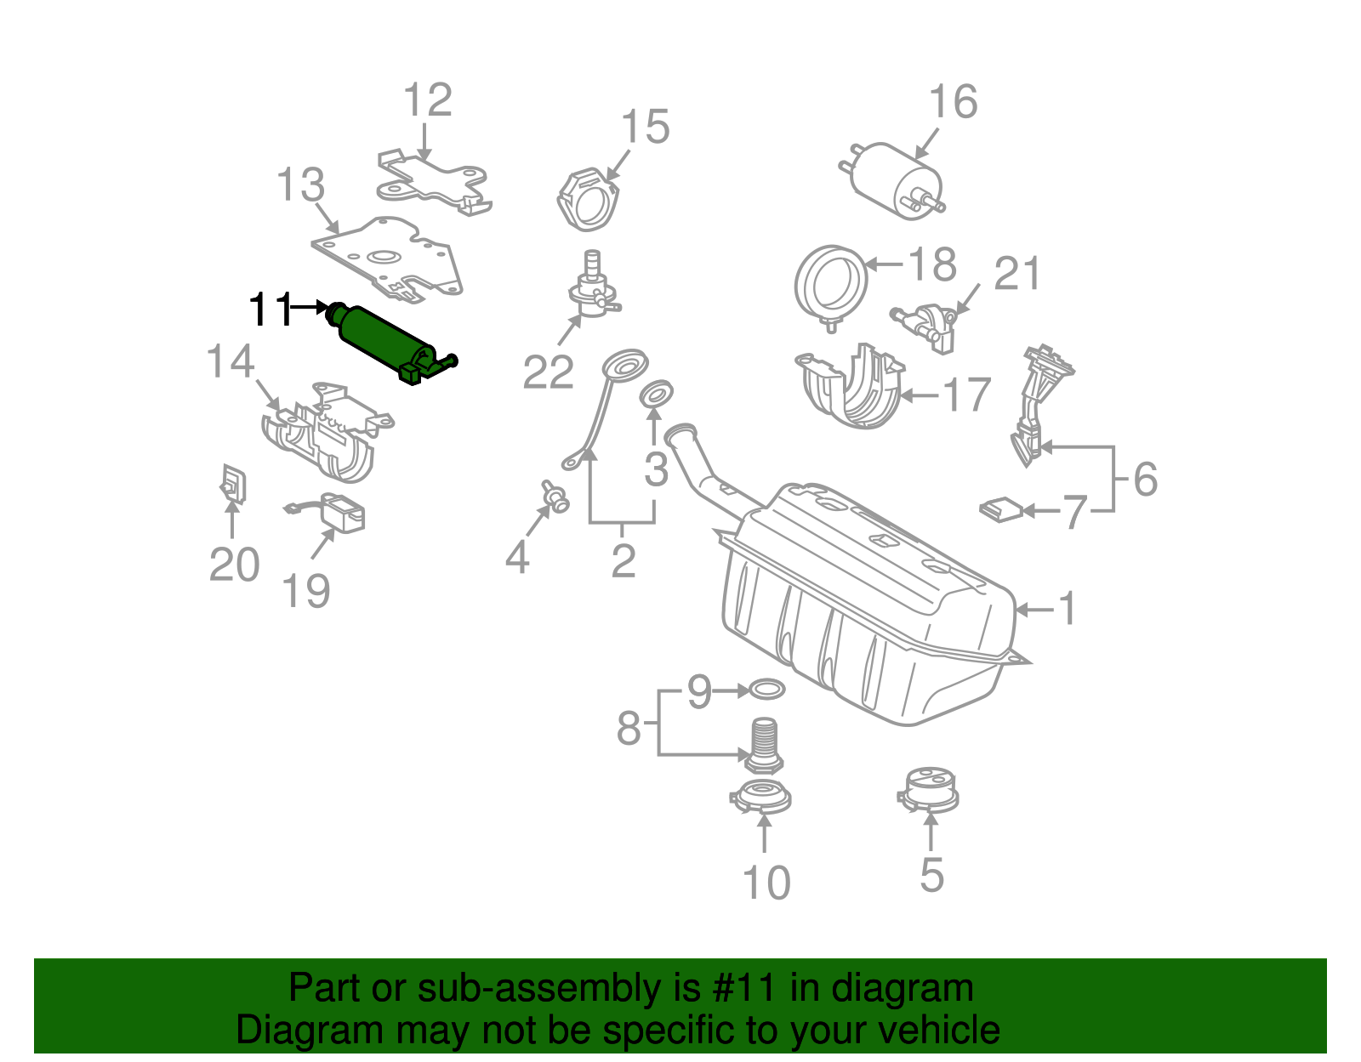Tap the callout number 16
pyautogui.click(x=953, y=103)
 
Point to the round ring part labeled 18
pyautogui.click(x=830, y=281)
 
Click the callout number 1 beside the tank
pyautogui.click(x=1067, y=609)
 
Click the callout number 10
pyautogui.click(x=766, y=883)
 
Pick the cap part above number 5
pyautogui.click(x=928, y=791)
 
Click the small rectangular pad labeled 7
pyautogui.click(x=1000, y=509)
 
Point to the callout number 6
pyautogui.click(x=1145, y=480)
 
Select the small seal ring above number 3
pyautogui.click(x=655, y=393)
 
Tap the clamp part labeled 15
pyautogui.click(x=588, y=201)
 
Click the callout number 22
pyautogui.click(x=548, y=372)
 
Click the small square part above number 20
pyautogui.click(x=232, y=484)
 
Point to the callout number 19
pyautogui.click(x=306, y=591)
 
